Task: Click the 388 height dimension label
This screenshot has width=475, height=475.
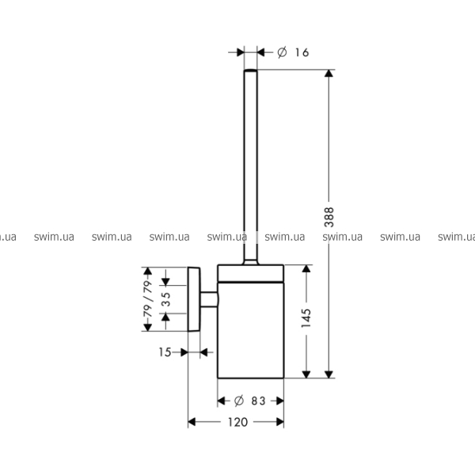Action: [329, 217]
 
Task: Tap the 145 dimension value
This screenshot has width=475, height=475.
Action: [306, 318]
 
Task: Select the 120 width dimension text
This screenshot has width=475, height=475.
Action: [237, 422]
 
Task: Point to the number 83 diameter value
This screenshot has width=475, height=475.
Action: [258, 401]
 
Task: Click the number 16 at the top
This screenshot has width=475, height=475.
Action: [302, 53]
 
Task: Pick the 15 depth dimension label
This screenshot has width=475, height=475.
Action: [165, 352]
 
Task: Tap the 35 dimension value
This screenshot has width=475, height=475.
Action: [165, 299]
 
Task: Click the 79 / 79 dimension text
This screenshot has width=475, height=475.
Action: [147, 299]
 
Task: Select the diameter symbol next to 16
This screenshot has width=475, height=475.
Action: [282, 52]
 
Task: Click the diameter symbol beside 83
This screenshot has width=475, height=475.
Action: [239, 401]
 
